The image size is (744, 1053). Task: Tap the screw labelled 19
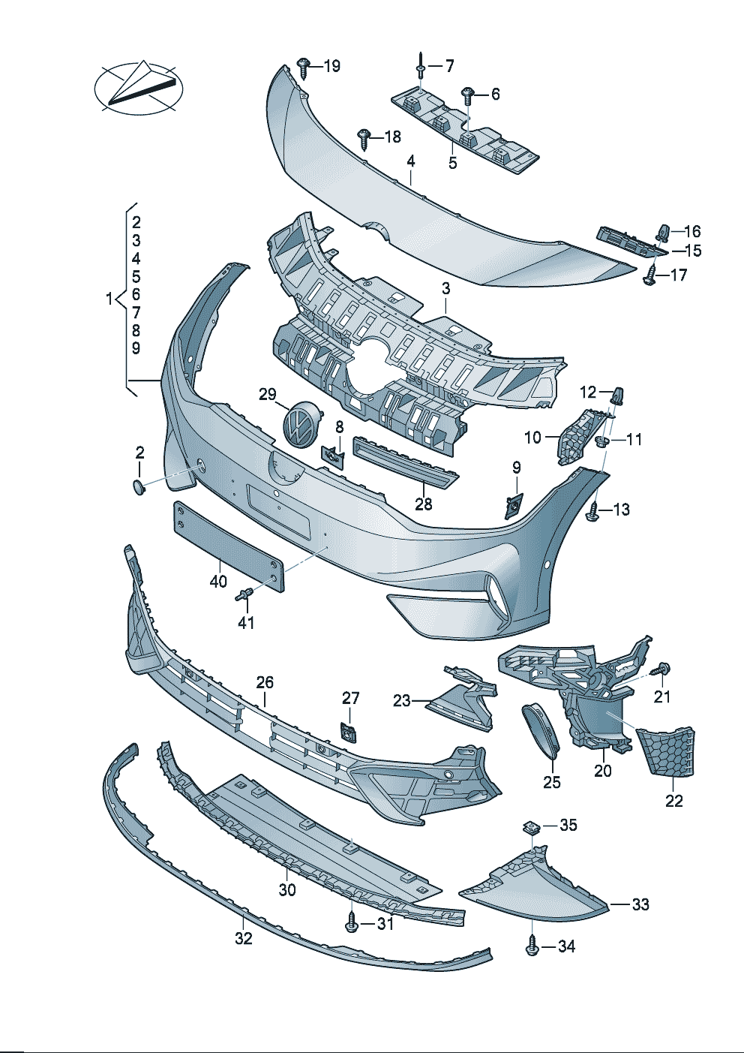(304, 68)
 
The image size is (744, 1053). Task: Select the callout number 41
(246, 622)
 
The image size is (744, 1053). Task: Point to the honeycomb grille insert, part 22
(667, 751)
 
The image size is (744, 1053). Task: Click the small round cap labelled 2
(139, 486)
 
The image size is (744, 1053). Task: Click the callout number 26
(265, 682)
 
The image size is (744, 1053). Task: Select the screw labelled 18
(364, 137)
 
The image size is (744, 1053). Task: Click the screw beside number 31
(352, 923)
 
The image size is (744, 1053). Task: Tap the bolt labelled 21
(661, 669)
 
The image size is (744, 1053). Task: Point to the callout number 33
(640, 904)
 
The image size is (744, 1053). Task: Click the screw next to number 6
(467, 95)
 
